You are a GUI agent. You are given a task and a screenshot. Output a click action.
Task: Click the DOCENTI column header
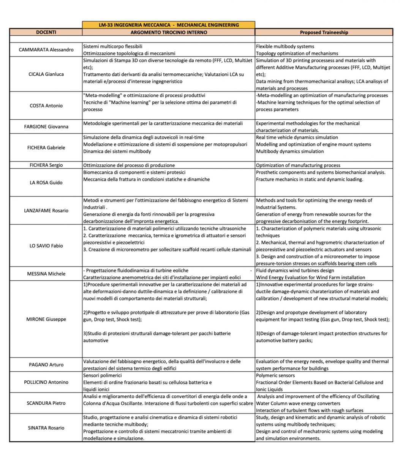pyautogui.click(x=46, y=32)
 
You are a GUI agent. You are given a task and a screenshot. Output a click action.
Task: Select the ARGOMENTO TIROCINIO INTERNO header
pyautogui.click(x=169, y=32)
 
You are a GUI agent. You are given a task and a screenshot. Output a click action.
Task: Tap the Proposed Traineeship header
pyautogui.click(x=324, y=32)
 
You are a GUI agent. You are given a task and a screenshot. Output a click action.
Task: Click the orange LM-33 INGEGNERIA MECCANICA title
pyautogui.click(x=169, y=25)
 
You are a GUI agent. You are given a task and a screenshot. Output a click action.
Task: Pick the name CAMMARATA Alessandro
pyautogui.click(x=46, y=50)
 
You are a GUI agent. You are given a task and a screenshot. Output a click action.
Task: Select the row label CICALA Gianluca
pyautogui.click(x=46, y=74)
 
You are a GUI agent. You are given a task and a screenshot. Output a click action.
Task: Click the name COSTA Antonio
pyautogui.click(x=46, y=106)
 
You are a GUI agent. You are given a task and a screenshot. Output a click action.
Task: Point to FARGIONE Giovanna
pyautogui.click(x=46, y=127)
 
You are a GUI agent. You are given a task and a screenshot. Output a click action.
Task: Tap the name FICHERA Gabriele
pyautogui.click(x=46, y=147)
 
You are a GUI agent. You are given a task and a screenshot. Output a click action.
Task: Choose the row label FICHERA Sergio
pyautogui.click(x=46, y=165)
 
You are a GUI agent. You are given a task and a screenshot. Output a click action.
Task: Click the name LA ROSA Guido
pyautogui.click(x=46, y=182)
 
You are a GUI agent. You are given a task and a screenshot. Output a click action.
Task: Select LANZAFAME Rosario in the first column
pyautogui.click(x=46, y=211)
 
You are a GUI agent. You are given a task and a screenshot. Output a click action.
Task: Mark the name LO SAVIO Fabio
pyautogui.click(x=46, y=245)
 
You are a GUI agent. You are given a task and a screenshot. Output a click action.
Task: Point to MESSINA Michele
pyautogui.click(x=46, y=274)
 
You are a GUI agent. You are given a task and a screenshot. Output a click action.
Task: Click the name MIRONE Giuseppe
pyautogui.click(x=46, y=319)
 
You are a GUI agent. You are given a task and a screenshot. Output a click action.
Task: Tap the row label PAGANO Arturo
pyautogui.click(x=46, y=365)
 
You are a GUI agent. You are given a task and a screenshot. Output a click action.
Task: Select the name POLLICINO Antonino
pyautogui.click(x=46, y=382)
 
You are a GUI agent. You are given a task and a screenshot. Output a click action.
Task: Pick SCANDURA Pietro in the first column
pyautogui.click(x=46, y=403)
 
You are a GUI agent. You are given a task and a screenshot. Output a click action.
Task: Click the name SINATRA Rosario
pyautogui.click(x=46, y=428)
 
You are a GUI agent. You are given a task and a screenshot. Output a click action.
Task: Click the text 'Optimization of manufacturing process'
pyautogui.click(x=298, y=165)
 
